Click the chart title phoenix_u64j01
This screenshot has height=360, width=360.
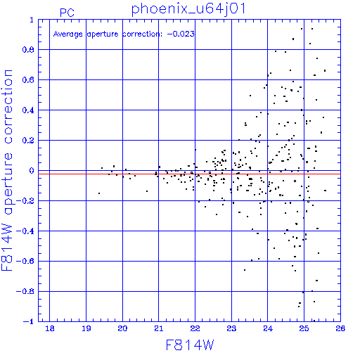[188, 9]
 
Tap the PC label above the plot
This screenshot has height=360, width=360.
[67, 13]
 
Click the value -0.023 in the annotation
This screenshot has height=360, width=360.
[181, 34]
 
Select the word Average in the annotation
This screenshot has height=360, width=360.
[68, 34]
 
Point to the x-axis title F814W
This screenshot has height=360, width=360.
[190, 345]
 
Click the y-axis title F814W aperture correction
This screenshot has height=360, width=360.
[7, 170]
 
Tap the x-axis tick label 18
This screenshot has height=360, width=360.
[50, 328]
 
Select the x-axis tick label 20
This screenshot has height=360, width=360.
[122, 328]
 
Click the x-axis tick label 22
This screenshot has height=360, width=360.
[195, 328]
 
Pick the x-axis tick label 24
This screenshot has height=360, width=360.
[268, 328]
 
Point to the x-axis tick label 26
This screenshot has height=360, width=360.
[340, 328]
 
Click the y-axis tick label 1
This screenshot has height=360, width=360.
[32, 20]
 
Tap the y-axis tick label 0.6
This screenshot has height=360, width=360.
[28, 80]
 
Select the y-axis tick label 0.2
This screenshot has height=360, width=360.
[28, 141]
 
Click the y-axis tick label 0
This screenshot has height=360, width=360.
[32, 171]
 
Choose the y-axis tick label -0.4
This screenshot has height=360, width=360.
[25, 231]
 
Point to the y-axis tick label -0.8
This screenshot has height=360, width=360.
[25, 291]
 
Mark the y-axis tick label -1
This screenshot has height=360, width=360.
[29, 321]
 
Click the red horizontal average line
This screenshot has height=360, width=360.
[189, 174]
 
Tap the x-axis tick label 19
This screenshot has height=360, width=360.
[86, 328]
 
